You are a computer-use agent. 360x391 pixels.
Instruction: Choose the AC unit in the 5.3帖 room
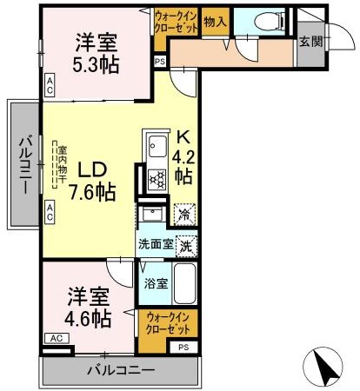tap(50, 84)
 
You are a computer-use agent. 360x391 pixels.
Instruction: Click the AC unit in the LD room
tap(50, 209)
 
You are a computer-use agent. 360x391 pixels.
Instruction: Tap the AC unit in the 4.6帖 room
tap(55, 338)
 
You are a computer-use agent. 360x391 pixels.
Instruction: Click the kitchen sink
tap(157, 145)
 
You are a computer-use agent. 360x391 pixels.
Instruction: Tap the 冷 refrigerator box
tap(184, 211)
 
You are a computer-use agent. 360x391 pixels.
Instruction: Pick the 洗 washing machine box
tap(185, 246)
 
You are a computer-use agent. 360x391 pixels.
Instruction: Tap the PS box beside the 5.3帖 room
tap(159, 61)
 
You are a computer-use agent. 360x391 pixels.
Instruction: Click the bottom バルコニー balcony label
tap(121, 371)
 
